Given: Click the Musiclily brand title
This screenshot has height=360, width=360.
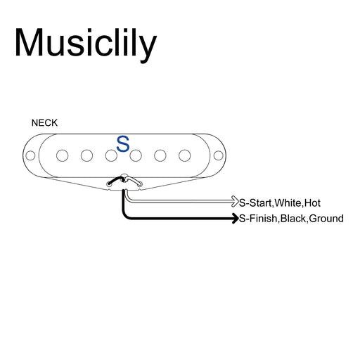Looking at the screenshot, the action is (86, 44).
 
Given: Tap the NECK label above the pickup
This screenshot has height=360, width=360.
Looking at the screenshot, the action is (44, 123).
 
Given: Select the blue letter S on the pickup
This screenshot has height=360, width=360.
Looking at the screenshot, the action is (123, 144).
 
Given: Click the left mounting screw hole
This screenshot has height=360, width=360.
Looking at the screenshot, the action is (30, 155).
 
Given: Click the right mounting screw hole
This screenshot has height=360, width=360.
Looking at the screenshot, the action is (219, 155).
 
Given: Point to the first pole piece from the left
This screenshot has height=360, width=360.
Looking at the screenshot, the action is (63, 155).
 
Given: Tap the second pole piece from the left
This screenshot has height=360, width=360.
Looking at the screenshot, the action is (86, 155).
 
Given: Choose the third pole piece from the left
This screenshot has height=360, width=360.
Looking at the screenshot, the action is (111, 155).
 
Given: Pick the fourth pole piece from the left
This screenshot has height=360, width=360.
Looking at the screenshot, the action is (136, 155).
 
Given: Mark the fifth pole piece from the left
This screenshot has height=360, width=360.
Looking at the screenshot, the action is (160, 155).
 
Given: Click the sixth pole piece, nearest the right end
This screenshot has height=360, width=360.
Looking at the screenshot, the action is (185, 155).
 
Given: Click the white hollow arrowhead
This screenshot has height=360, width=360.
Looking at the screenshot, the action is (235, 201).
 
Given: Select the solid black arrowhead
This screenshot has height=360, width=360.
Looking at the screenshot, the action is (236, 218).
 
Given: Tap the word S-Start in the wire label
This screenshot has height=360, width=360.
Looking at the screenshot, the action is (256, 202).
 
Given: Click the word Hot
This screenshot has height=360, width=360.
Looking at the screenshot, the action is (312, 202).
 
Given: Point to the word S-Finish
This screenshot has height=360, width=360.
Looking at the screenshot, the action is (258, 219).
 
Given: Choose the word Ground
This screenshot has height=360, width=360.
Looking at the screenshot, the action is (326, 219).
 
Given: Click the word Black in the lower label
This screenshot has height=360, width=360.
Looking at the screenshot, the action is (293, 219).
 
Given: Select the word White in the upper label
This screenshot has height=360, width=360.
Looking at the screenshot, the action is (288, 202).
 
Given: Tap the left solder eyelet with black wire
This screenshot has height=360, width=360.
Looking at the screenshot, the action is (109, 184).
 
